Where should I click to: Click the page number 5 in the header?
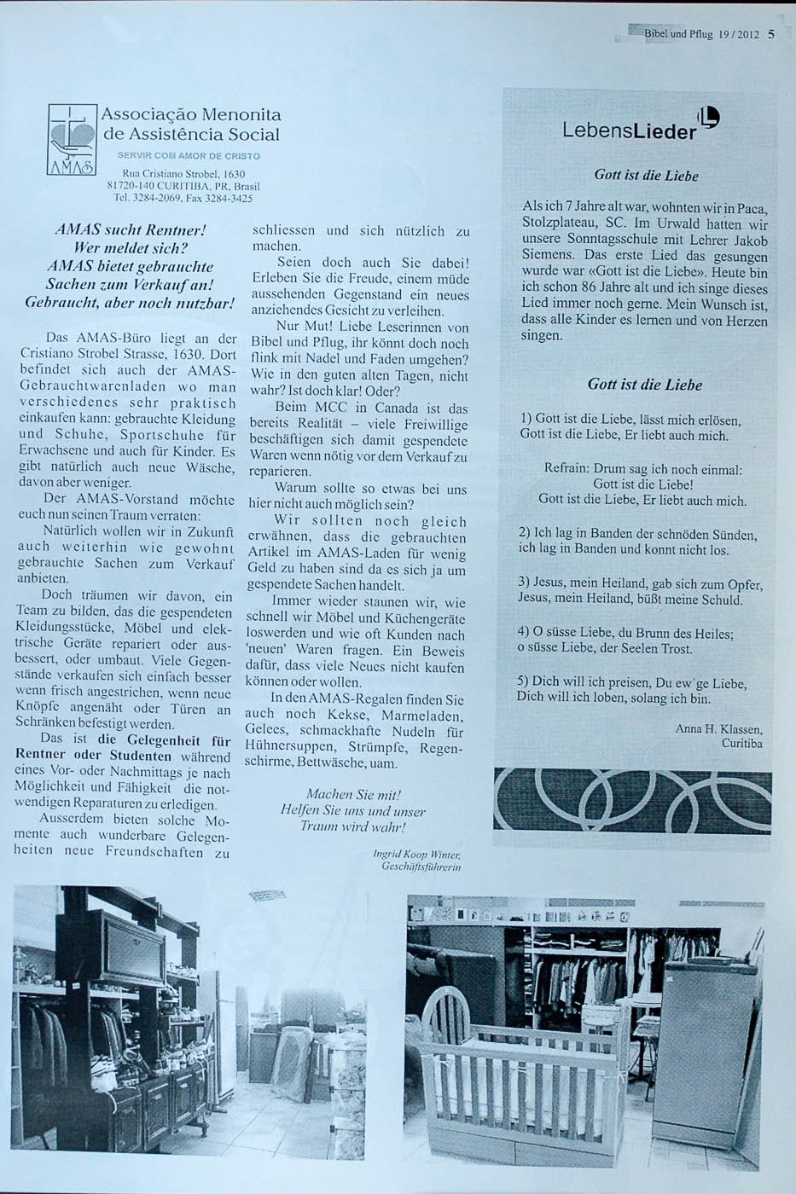point(770,35)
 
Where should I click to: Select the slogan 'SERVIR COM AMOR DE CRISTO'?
point(189,156)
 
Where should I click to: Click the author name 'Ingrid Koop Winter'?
point(417,853)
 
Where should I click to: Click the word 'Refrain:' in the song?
point(566,469)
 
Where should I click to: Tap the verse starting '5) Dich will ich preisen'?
point(631,683)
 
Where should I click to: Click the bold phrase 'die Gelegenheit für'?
point(164,740)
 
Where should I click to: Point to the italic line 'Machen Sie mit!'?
point(353,794)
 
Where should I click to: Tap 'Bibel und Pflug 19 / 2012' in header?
point(700,35)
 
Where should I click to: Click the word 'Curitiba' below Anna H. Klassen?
point(741,744)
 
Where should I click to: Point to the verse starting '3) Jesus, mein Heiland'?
point(640,583)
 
